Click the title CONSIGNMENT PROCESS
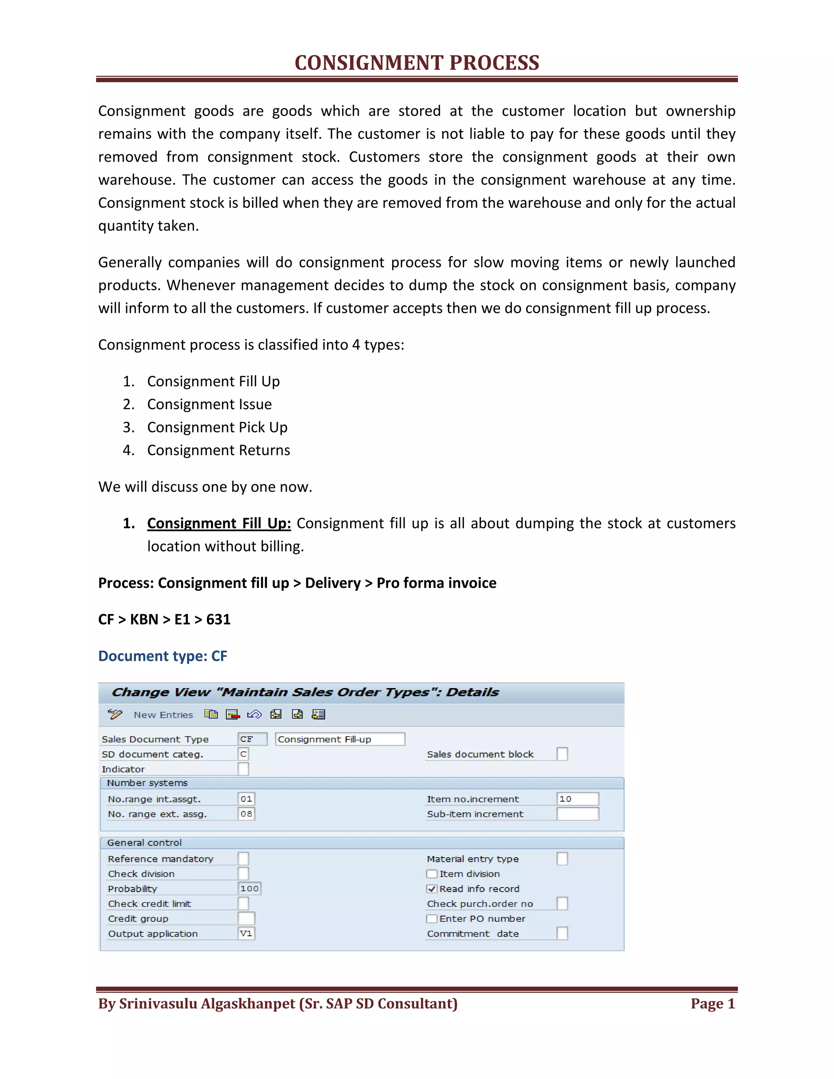point(417,63)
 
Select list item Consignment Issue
point(209,404)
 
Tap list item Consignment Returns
point(218,450)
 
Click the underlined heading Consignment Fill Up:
point(219,523)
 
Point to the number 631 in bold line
point(218,620)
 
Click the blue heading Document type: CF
point(162,656)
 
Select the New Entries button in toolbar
point(163,715)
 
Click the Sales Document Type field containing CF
point(252,739)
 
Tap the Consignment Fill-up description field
point(340,739)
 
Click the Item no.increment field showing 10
point(577,799)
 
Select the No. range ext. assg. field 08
point(246,814)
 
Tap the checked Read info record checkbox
point(432,889)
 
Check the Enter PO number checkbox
point(432,919)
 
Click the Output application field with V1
point(246,933)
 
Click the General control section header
point(144,843)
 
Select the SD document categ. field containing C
point(243,754)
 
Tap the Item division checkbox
point(432,874)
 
